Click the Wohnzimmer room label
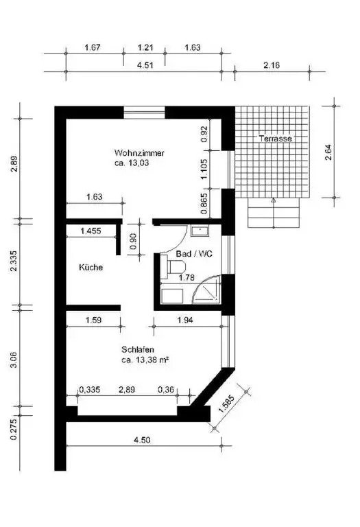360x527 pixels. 139,153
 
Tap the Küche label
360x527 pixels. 91,268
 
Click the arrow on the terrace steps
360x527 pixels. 274,202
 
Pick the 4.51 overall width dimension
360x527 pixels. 145,66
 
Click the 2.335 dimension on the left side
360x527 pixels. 14,263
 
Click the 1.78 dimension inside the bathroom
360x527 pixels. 187,278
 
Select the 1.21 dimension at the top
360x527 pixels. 145,47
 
